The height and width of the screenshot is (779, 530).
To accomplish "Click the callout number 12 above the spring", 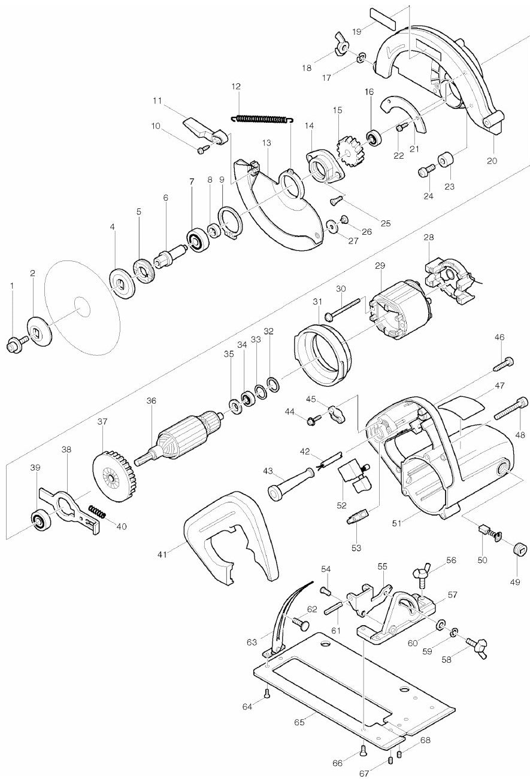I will pos(236,86).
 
